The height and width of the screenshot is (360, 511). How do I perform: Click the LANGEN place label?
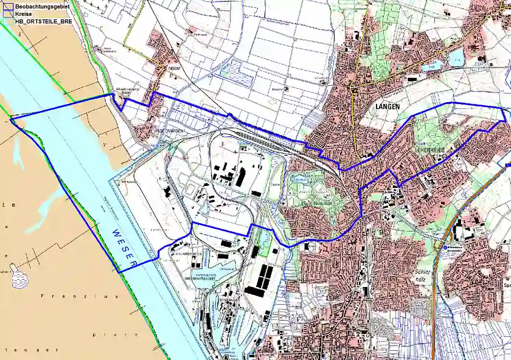[x=384, y=106]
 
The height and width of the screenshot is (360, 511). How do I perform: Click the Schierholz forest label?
[x=424, y=277]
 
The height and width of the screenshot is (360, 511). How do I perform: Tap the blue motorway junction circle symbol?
[x=445, y=247]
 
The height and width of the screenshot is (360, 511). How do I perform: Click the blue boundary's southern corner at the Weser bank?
[x=119, y=272]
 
